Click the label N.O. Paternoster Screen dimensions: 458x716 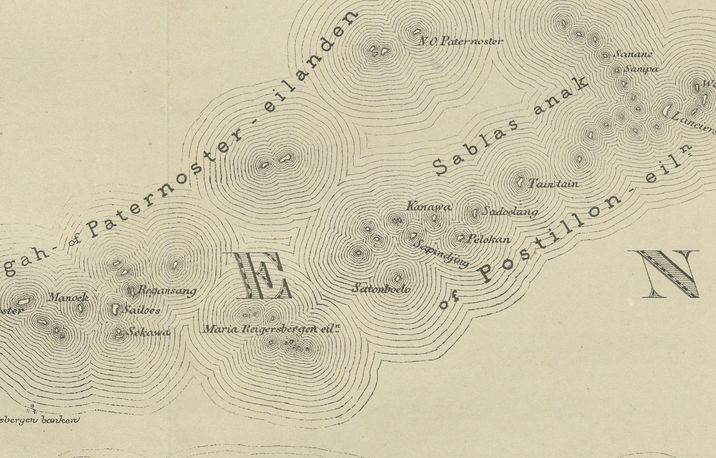(x=460, y=41)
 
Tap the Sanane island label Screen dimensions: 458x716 (x=633, y=54)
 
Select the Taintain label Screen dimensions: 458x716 (x=554, y=184)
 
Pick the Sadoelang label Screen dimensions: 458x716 (x=510, y=212)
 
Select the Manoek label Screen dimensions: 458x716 (x=68, y=297)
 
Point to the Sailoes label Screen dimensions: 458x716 (x=142, y=310)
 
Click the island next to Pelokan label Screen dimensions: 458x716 (x=460, y=238)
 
